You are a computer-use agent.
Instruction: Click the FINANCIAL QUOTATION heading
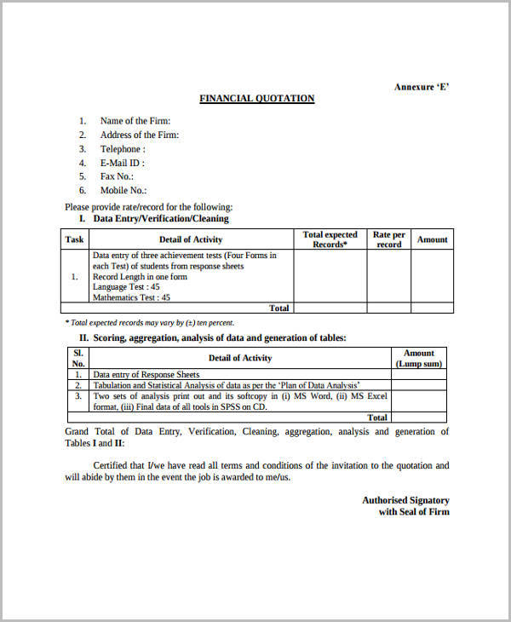pyautogui.click(x=256, y=99)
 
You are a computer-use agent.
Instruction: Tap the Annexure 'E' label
pyautogui.click(x=421, y=87)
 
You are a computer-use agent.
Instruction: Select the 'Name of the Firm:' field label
pyautogui.click(x=135, y=121)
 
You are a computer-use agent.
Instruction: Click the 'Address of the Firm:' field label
pyautogui.click(x=139, y=135)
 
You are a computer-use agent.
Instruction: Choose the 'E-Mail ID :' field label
pyautogui.click(x=123, y=163)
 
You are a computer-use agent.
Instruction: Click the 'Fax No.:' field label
pyautogui.click(x=117, y=176)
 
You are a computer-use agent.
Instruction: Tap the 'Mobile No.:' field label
pyautogui.click(x=123, y=191)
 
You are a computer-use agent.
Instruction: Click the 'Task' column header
pyautogui.click(x=75, y=239)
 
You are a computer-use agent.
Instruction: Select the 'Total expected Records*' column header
pyautogui.click(x=330, y=239)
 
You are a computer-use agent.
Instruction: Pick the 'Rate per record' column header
pyautogui.click(x=388, y=239)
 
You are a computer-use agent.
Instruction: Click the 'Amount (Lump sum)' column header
pyautogui.click(x=418, y=358)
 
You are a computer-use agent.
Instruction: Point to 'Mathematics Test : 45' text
pyautogui.click(x=131, y=298)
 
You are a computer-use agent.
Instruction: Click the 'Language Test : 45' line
pyautogui.click(x=126, y=287)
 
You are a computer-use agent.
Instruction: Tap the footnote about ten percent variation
pyautogui.click(x=149, y=323)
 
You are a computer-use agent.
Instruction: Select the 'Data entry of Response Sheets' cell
pyautogui.click(x=146, y=374)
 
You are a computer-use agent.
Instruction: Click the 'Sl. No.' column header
pyautogui.click(x=78, y=358)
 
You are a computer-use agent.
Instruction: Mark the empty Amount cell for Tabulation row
pyautogui.click(x=418, y=385)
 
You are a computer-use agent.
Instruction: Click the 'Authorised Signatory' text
pyautogui.click(x=405, y=500)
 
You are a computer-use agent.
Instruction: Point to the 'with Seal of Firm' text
pyautogui.click(x=413, y=512)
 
